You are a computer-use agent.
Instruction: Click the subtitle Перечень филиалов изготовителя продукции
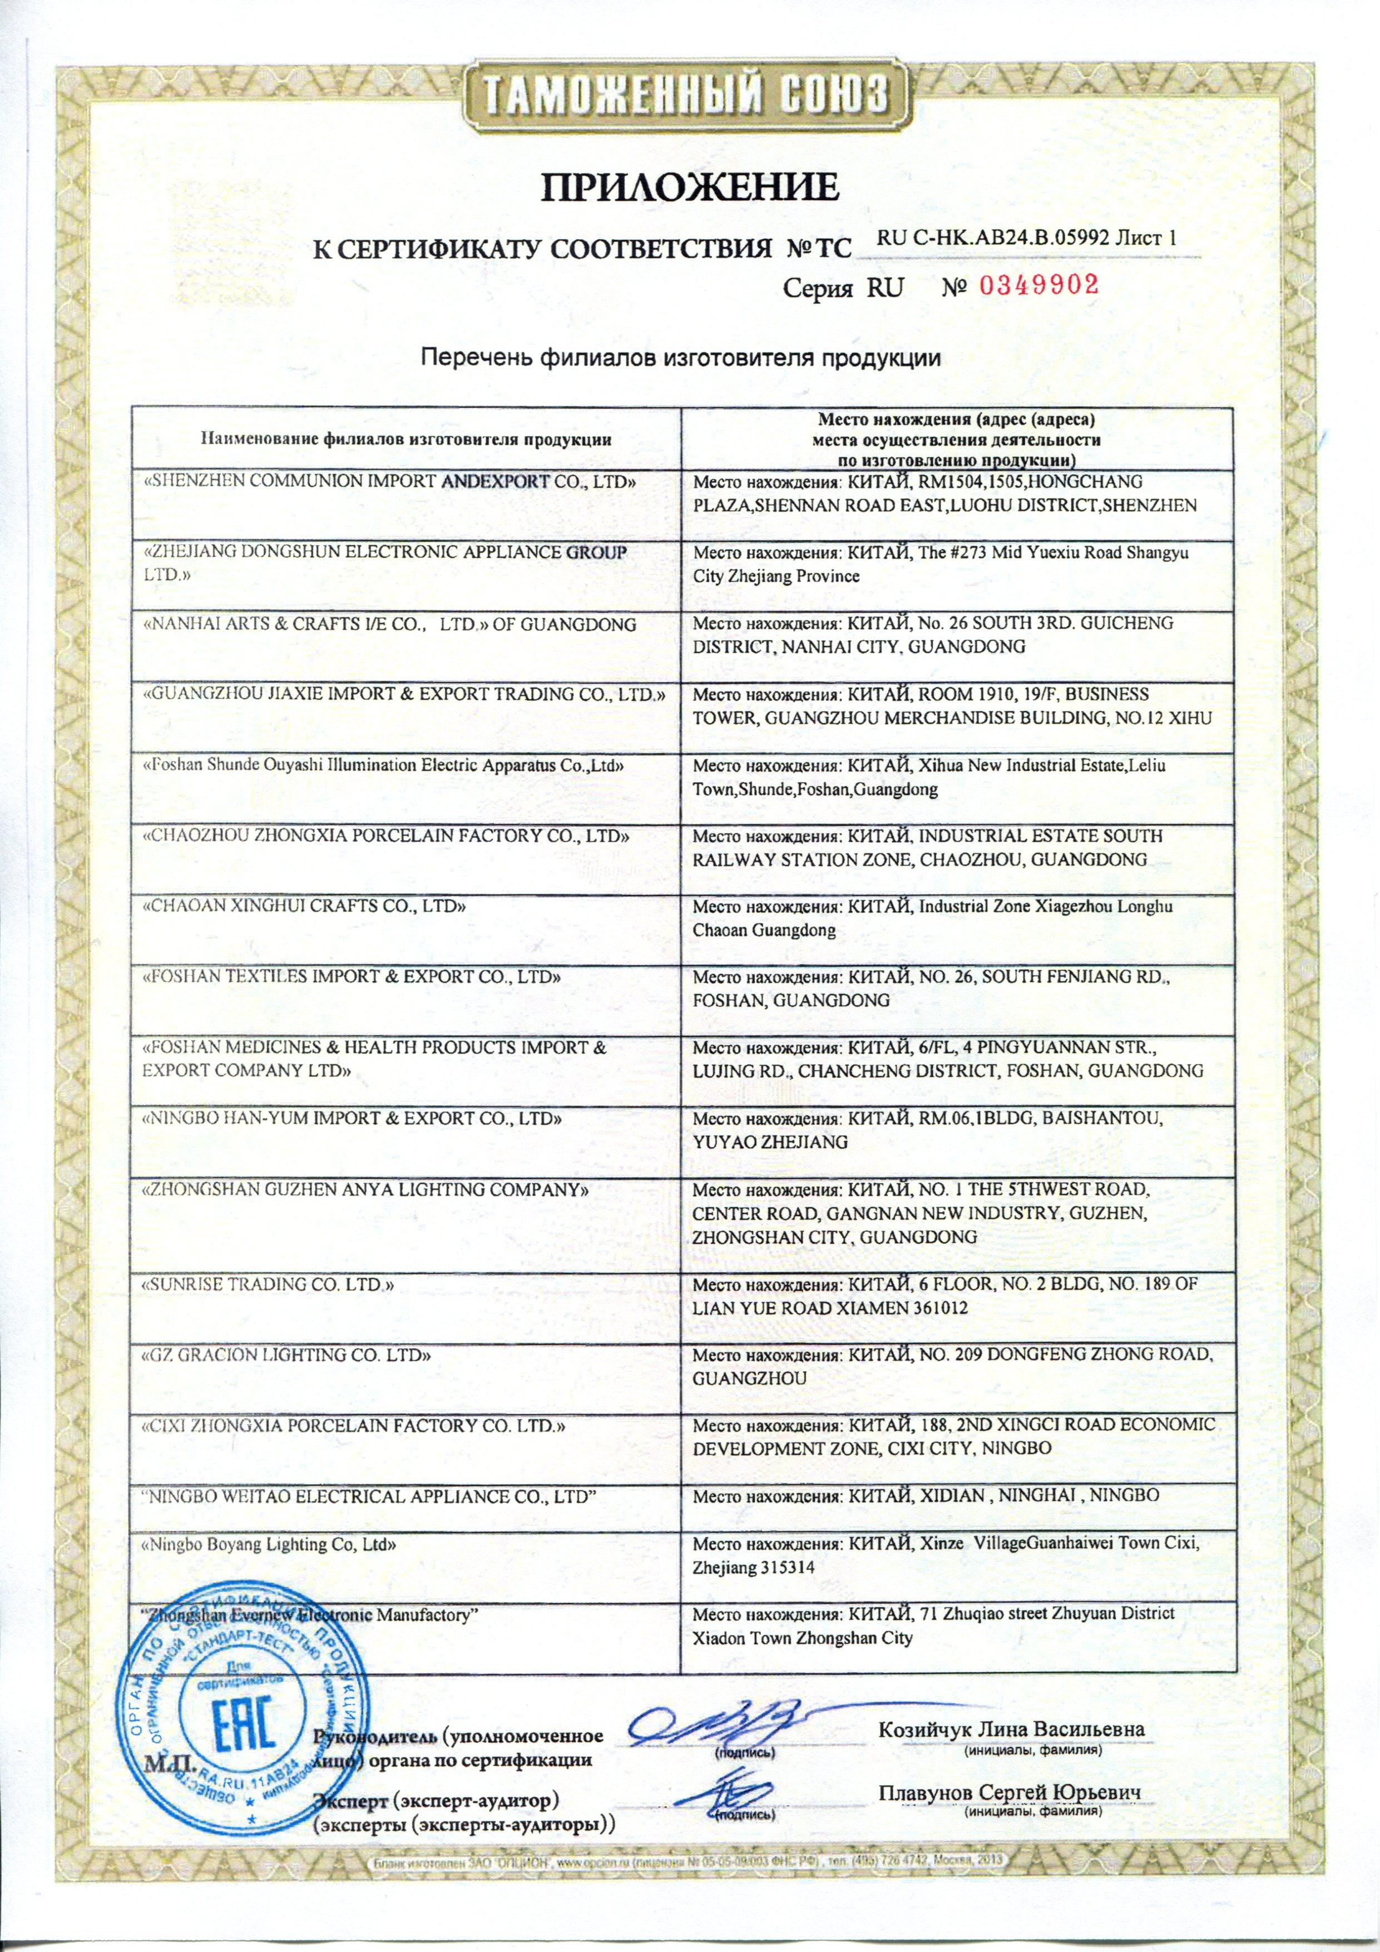(682, 358)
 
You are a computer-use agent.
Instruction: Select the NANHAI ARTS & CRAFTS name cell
(389, 624)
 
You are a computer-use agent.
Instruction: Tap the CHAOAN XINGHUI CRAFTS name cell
(304, 906)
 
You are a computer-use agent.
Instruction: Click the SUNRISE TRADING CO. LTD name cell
(268, 1284)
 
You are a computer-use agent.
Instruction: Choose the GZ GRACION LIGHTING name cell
(286, 1355)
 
